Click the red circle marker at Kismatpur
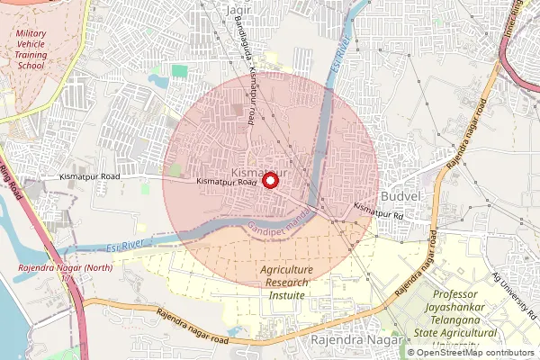[270, 180]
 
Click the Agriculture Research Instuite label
[286, 283]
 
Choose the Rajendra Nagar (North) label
[52, 270]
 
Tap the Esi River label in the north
[340, 54]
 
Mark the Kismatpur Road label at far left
[91, 177]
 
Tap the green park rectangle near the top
[180, 70]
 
